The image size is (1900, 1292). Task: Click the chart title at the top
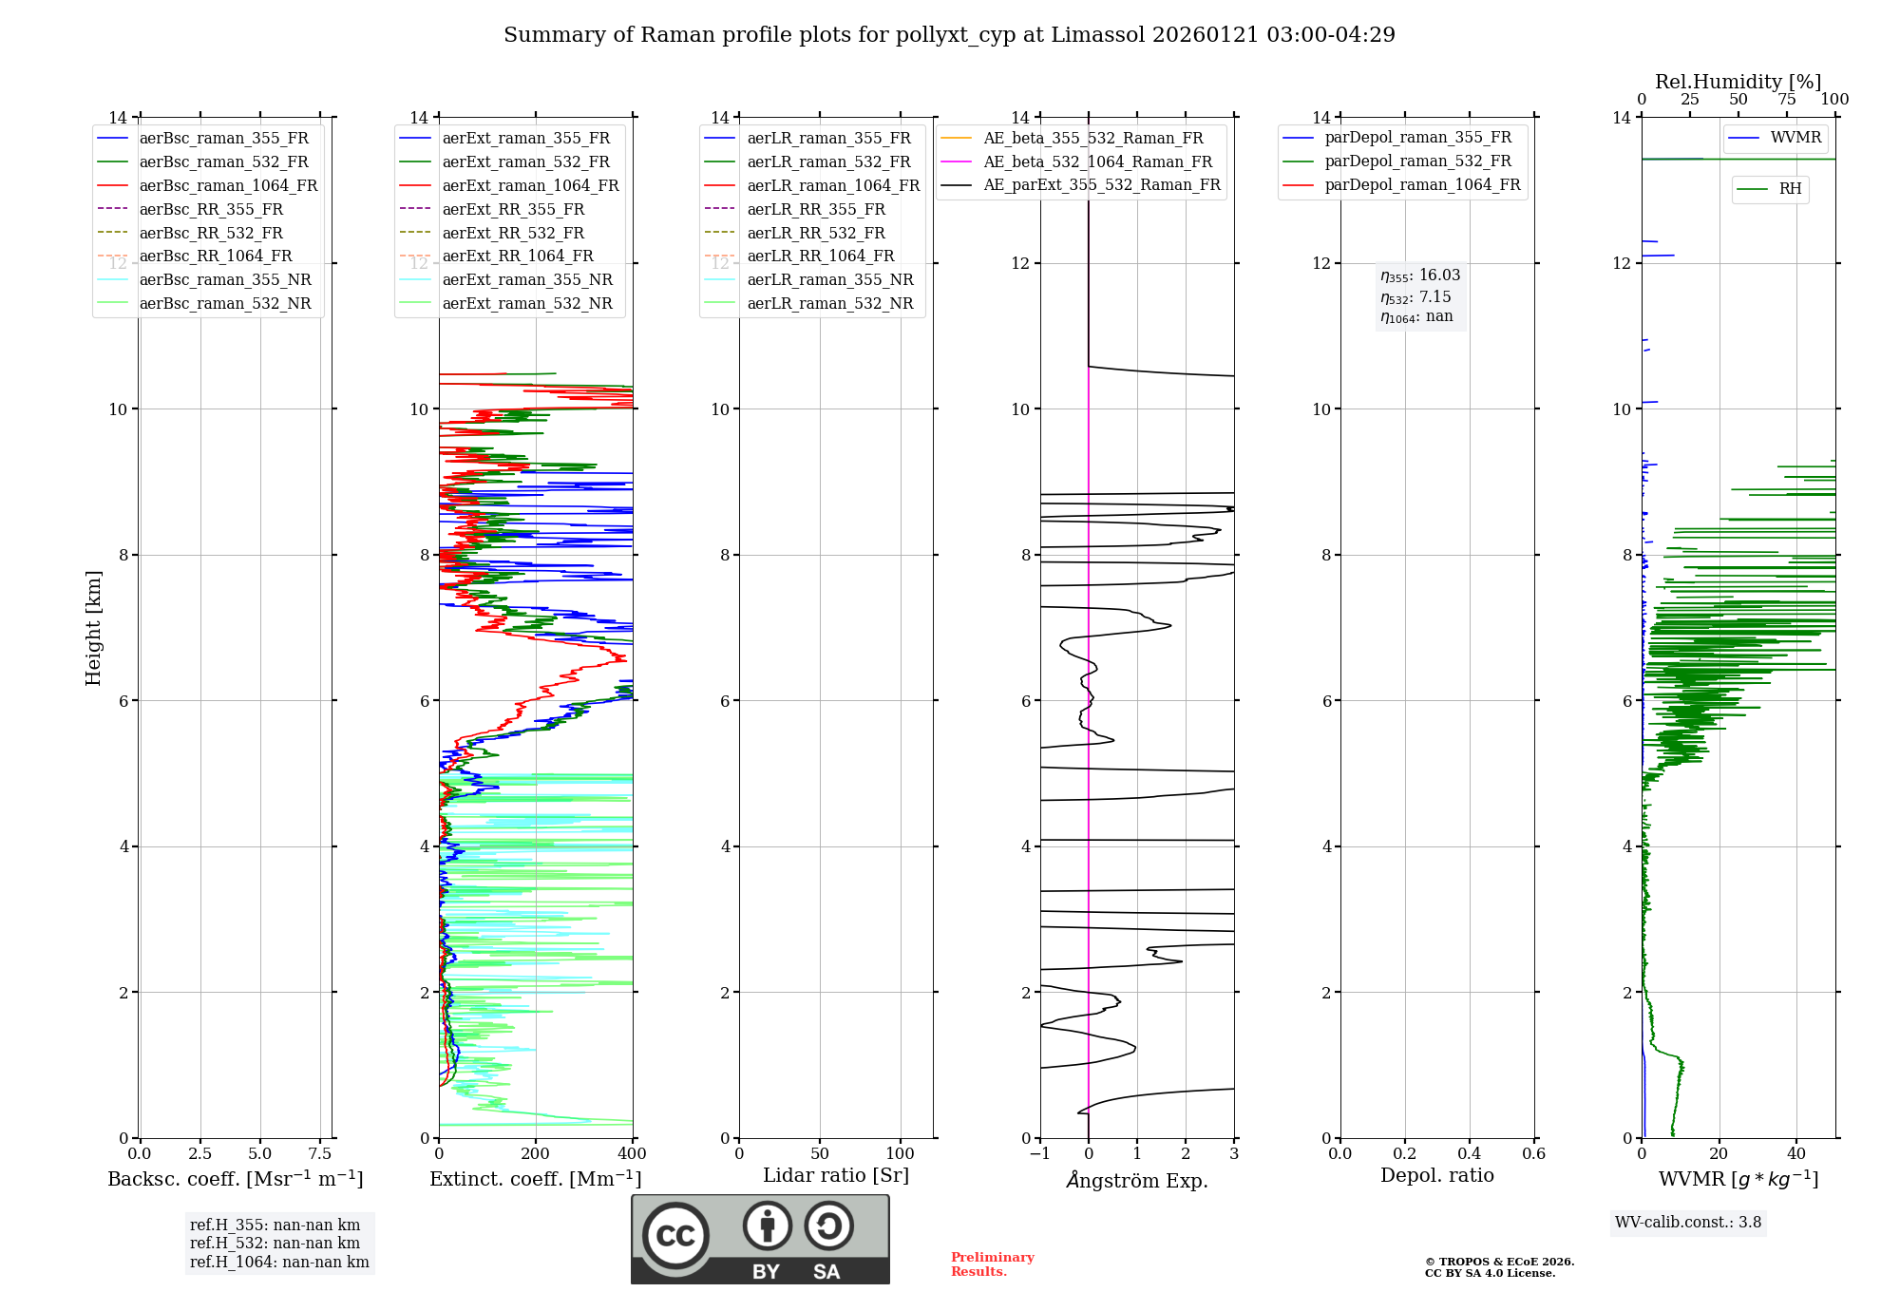pyautogui.click(x=949, y=35)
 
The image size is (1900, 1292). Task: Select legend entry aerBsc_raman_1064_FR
pyautogui.click(x=228, y=185)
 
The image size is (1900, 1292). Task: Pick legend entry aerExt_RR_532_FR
pyautogui.click(x=513, y=233)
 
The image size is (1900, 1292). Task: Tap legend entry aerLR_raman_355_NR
pyautogui.click(x=829, y=279)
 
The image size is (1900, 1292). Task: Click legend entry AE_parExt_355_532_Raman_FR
pyautogui.click(x=1102, y=184)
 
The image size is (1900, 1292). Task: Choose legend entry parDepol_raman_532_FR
pyautogui.click(x=1417, y=161)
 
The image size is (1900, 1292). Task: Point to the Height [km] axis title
pyautogui.click(x=93, y=628)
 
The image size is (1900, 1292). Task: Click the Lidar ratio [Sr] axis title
pyautogui.click(x=836, y=1175)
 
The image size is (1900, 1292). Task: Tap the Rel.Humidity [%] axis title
pyautogui.click(x=1738, y=82)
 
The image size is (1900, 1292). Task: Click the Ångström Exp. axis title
pyautogui.click(x=1137, y=1180)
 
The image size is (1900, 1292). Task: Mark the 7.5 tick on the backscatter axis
pyautogui.click(x=320, y=1153)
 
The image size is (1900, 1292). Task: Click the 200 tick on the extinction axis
pyautogui.click(x=536, y=1153)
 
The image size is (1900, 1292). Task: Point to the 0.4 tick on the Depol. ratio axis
pyautogui.click(x=1470, y=1153)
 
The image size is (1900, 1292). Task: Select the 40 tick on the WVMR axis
pyautogui.click(x=1796, y=1153)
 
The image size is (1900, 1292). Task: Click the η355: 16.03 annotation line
pyautogui.click(x=1420, y=275)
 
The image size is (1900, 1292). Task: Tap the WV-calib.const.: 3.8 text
pyautogui.click(x=1688, y=1222)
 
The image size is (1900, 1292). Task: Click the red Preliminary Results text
pyautogui.click(x=992, y=1263)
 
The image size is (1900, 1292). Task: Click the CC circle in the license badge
pyautogui.click(x=675, y=1235)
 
